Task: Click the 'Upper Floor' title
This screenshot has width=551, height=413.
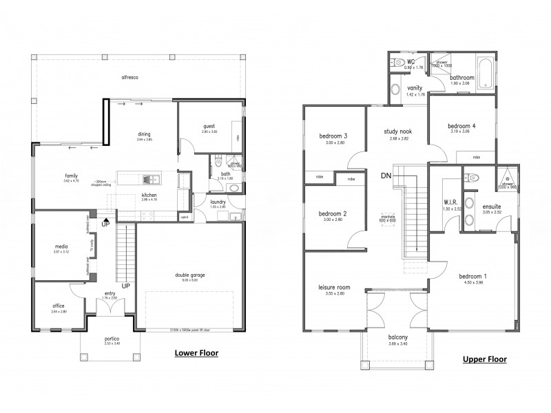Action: (484, 359)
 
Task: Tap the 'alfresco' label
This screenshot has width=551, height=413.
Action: (130, 78)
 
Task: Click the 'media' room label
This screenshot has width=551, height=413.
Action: (60, 246)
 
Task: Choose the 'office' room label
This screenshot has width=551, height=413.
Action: (58, 306)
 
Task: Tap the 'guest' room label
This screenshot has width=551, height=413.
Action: (209, 126)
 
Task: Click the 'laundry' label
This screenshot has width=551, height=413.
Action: (219, 202)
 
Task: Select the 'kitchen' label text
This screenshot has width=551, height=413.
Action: (149, 195)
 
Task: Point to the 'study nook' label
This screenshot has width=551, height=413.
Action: (395, 130)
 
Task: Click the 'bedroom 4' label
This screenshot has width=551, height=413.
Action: (461, 127)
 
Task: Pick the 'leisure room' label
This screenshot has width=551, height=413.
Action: (331, 288)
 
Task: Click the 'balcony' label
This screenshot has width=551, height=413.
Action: (398, 338)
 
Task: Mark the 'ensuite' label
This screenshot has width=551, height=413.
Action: (492, 206)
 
